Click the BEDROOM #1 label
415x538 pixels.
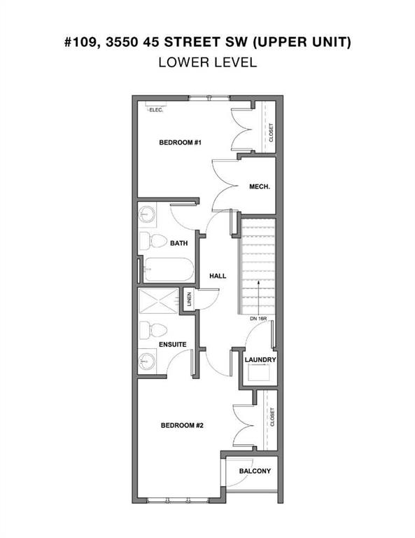(180, 142)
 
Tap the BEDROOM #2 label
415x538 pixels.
(182, 425)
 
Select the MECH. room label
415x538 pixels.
(260, 187)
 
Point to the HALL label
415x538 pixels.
(218, 276)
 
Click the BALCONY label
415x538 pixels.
(255, 471)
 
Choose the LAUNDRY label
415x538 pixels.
(260, 360)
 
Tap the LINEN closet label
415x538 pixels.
(189, 300)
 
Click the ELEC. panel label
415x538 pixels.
(156, 110)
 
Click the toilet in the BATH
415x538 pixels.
(154, 241)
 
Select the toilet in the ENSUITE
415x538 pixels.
(153, 331)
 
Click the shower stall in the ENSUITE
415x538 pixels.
(158, 301)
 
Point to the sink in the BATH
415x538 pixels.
(148, 215)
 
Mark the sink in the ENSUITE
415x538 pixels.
(148, 361)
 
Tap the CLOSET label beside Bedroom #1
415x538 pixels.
(271, 133)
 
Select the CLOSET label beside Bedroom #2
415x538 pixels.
(272, 417)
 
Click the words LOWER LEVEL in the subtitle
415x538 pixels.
(208, 62)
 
